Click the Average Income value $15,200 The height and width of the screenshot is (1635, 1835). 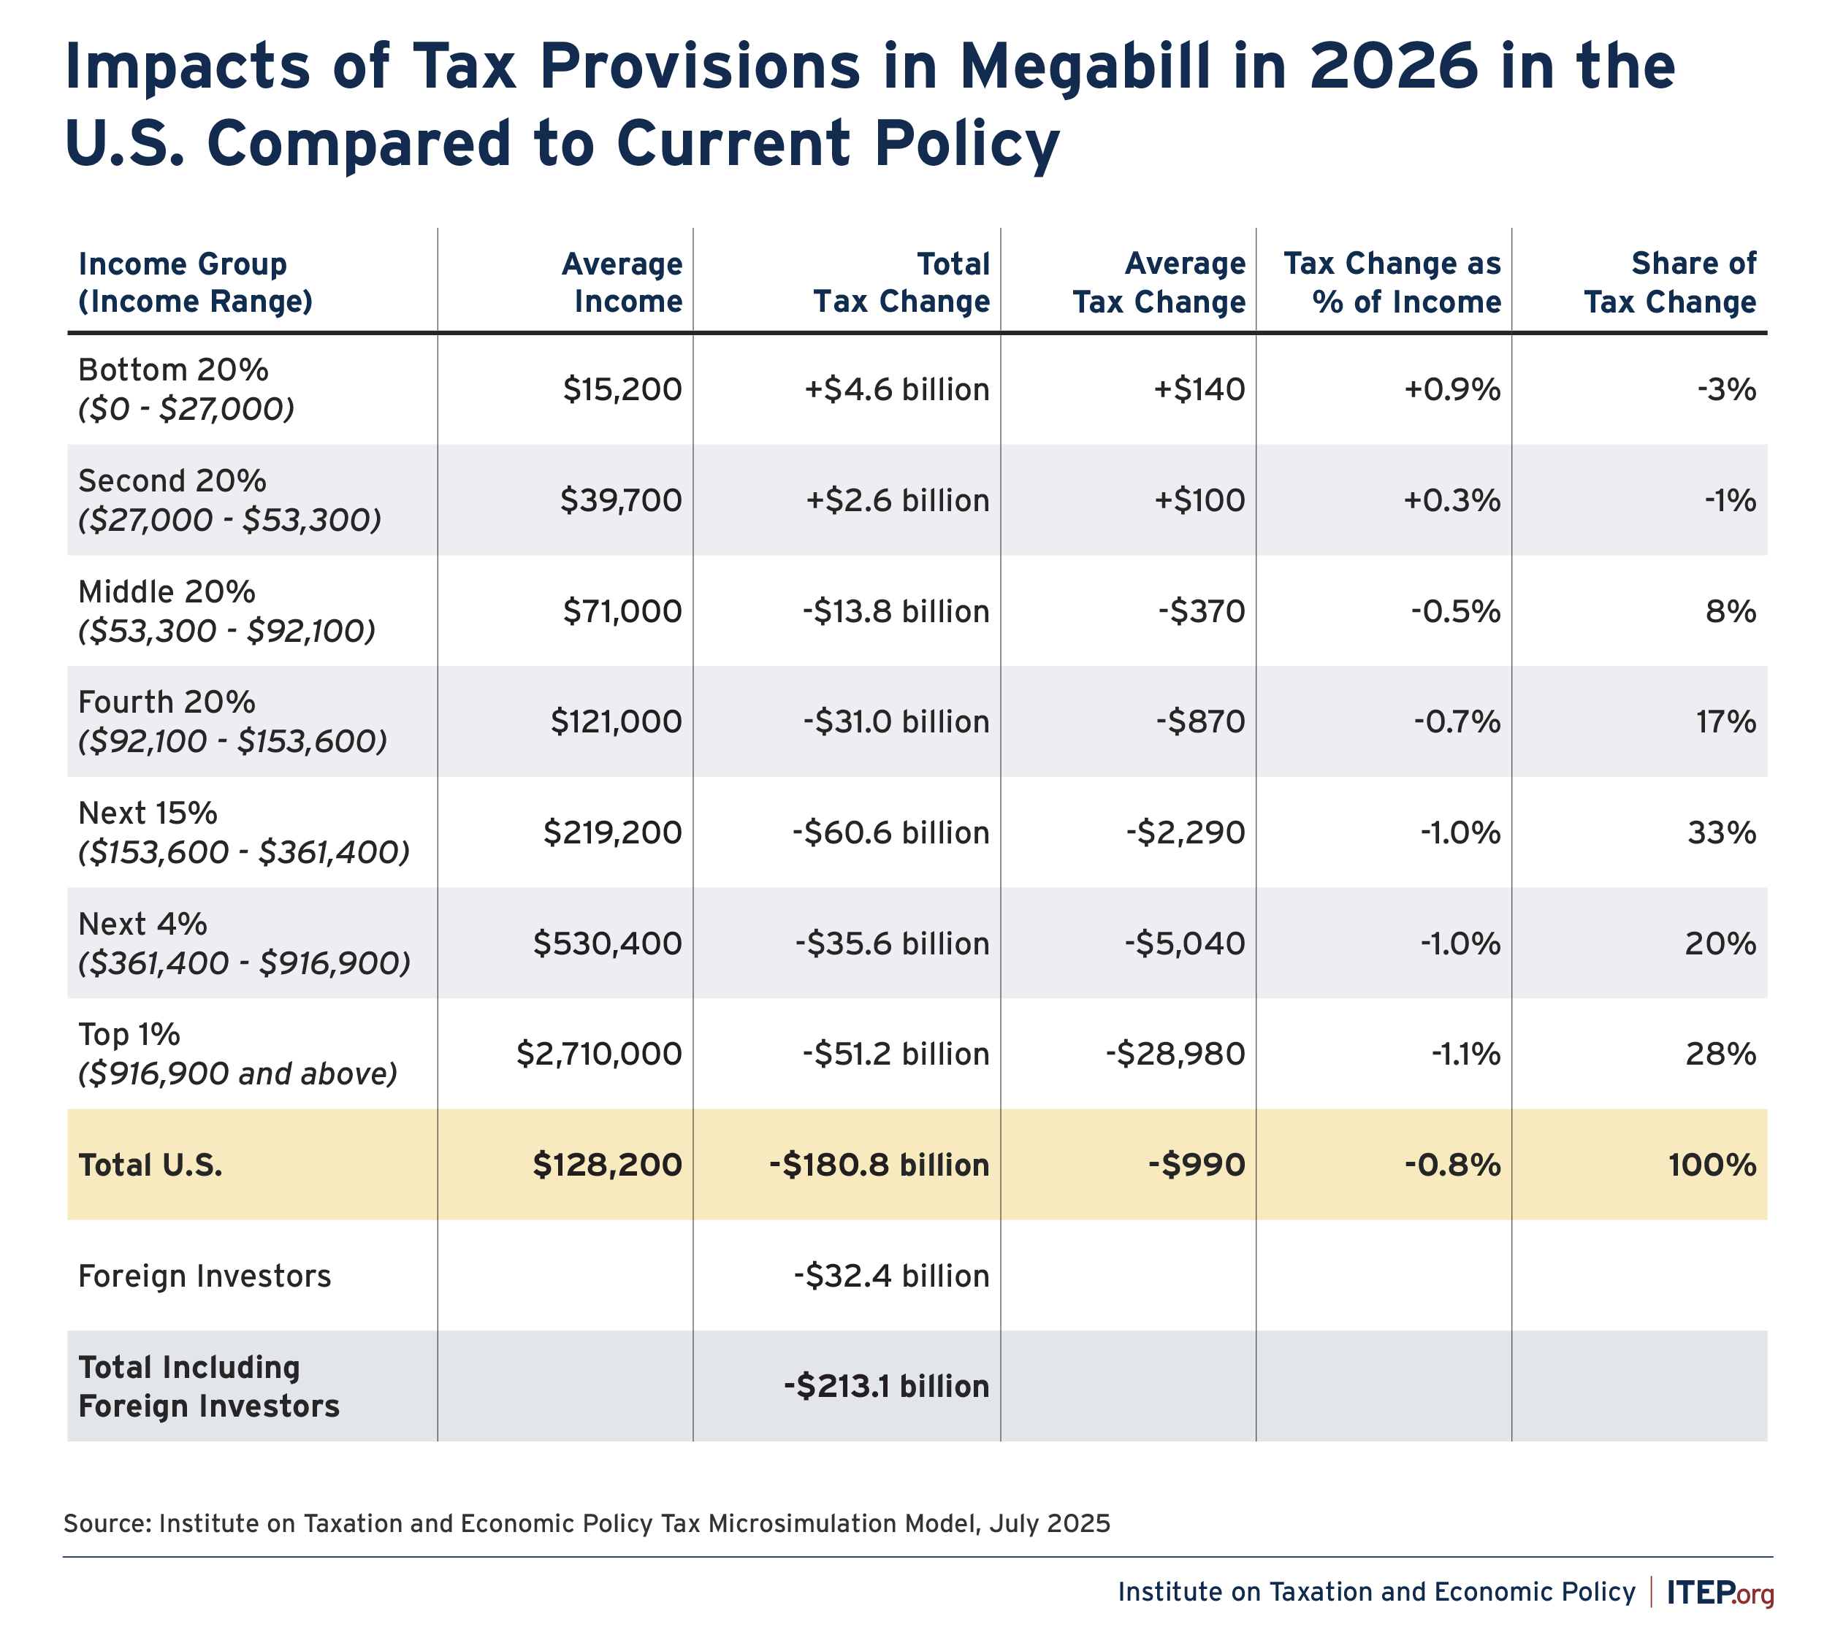coord(623,389)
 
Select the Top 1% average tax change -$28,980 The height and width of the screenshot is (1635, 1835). coord(1175,1054)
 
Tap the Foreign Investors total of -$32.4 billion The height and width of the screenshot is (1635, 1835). coord(891,1276)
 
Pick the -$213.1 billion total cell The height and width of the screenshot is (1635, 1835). coord(886,1386)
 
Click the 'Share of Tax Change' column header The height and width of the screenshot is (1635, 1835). coord(1670,282)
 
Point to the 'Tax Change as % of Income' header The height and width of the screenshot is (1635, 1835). coord(1392,282)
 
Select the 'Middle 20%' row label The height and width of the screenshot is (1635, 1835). coord(167,592)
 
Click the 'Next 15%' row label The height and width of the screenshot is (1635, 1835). coord(148,813)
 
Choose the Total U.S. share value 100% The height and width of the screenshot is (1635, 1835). coord(1712,1165)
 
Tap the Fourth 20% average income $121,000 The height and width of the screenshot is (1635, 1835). coord(617,721)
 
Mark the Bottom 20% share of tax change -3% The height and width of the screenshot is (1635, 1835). coord(1726,389)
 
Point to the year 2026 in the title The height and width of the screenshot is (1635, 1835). coord(1392,67)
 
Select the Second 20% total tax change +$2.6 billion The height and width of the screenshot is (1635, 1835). coord(897,499)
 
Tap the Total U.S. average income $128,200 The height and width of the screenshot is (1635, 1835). coord(608,1165)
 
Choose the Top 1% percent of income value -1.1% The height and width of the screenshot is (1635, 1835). coord(1465,1054)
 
